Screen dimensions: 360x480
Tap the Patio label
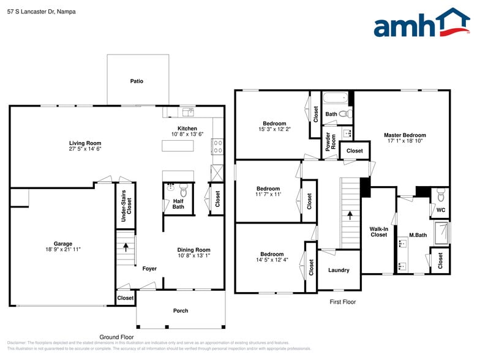[x=137, y=81]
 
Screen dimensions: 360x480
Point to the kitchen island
[x=178, y=145]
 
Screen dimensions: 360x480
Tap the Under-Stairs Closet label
[x=126, y=205]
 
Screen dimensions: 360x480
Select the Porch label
[x=181, y=310]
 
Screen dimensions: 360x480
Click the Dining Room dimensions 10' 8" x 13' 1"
[x=193, y=256]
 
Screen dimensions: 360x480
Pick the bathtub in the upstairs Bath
[x=335, y=97]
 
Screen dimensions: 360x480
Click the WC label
[x=440, y=210]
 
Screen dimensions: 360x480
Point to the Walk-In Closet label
[x=378, y=231]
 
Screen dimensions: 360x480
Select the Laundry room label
[x=339, y=270]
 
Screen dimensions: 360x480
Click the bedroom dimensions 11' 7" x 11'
[x=268, y=195]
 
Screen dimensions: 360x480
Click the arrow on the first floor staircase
[x=350, y=215]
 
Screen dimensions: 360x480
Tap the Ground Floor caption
[x=117, y=337]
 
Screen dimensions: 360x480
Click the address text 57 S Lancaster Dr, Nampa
[x=42, y=11]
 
